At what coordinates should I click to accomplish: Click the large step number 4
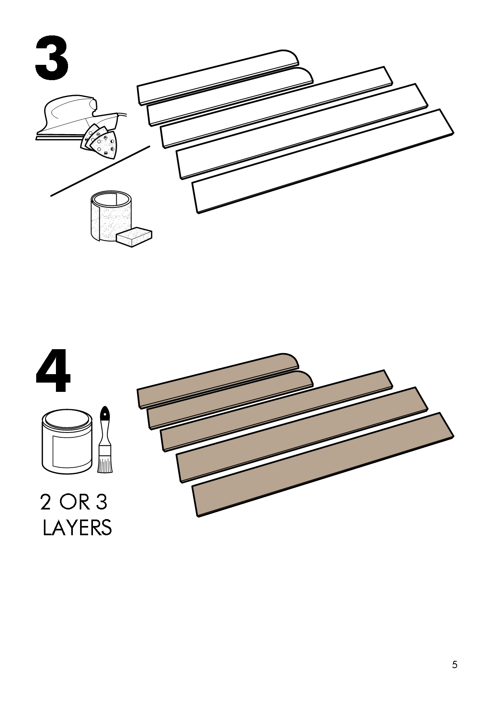53,373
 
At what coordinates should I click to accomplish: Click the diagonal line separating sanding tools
101,171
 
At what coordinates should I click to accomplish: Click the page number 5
454,665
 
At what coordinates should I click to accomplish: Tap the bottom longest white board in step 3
322,161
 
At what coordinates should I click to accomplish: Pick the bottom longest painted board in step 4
322,464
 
